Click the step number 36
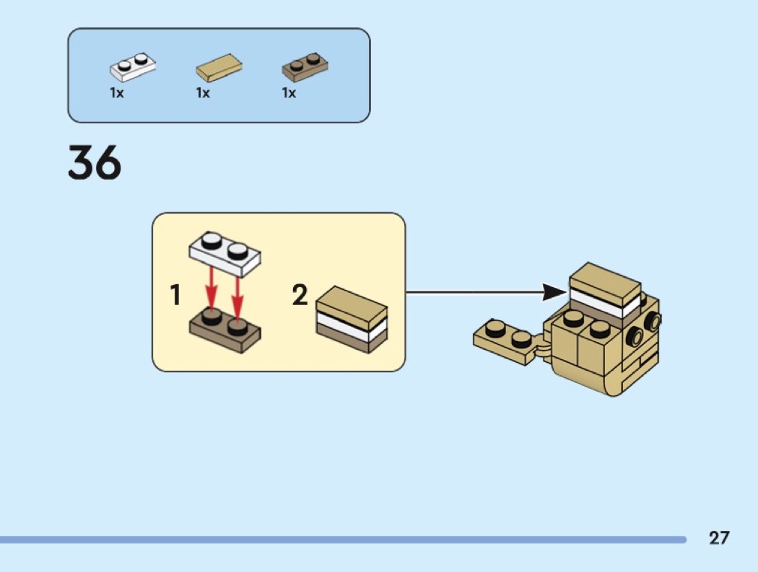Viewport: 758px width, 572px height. point(95,163)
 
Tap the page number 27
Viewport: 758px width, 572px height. point(718,537)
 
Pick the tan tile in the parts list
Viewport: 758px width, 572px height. point(219,69)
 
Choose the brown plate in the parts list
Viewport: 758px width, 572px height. point(305,67)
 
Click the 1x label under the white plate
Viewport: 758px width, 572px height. point(117,93)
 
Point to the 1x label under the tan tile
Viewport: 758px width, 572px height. point(203,93)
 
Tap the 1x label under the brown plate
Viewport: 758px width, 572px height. point(289,93)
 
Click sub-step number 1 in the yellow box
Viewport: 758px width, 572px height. point(175,295)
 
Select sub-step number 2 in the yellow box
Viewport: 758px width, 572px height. point(300,295)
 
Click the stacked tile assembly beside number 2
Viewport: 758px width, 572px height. point(352,320)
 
